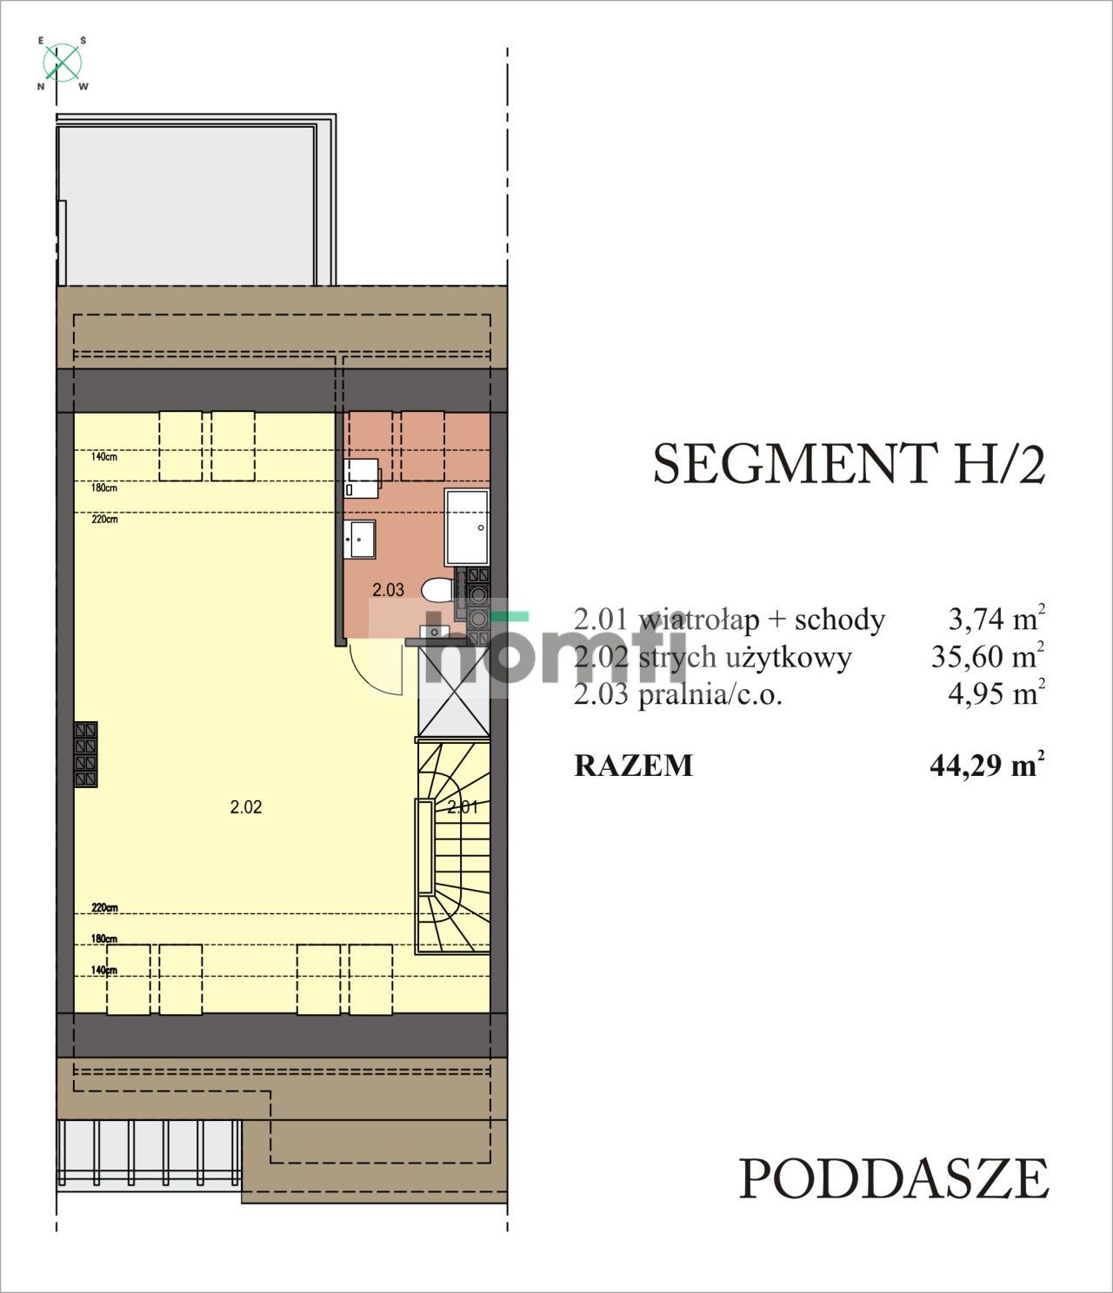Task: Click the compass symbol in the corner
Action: tap(62, 63)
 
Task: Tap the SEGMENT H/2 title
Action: tap(848, 464)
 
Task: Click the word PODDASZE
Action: tap(894, 1179)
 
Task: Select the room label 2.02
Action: tap(246, 807)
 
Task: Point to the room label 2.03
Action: tap(388, 590)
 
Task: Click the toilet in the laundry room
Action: tap(437, 591)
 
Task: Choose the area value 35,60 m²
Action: tap(987, 657)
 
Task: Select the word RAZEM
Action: tap(634, 766)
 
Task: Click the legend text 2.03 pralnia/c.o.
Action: tap(678, 695)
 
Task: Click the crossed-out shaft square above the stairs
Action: tap(453, 692)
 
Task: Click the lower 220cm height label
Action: tap(103, 908)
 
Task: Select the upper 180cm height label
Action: tap(103, 488)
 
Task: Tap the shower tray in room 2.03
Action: tap(467, 527)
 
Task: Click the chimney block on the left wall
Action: tap(85, 754)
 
